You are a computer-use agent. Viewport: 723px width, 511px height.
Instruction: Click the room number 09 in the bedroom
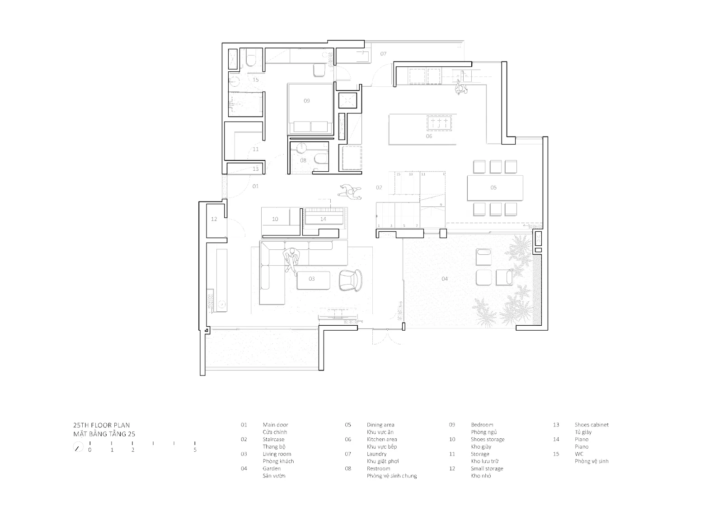307,101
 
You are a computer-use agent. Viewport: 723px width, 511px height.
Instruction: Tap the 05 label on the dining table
493,188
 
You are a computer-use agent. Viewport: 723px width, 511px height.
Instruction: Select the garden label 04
445,279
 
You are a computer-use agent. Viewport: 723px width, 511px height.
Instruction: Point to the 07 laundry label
383,54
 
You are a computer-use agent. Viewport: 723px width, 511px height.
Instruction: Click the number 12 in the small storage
214,219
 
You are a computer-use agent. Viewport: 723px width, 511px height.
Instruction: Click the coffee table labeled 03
314,280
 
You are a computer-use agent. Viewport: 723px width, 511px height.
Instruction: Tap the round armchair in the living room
351,280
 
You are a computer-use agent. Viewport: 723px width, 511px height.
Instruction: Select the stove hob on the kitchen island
439,123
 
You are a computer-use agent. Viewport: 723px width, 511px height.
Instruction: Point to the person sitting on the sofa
292,260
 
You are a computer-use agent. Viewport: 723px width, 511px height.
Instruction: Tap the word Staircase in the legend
273,439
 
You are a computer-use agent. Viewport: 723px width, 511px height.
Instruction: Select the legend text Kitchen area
382,439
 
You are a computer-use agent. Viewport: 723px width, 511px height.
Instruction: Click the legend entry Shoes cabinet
592,425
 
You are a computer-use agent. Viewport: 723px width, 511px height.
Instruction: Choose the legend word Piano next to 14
582,439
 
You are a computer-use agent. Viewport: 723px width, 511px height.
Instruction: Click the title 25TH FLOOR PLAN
101,425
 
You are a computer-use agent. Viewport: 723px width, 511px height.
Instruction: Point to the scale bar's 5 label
195,450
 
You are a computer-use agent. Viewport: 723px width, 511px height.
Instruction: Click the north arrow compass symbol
78,448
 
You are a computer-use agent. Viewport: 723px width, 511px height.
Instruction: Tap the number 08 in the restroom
303,160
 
